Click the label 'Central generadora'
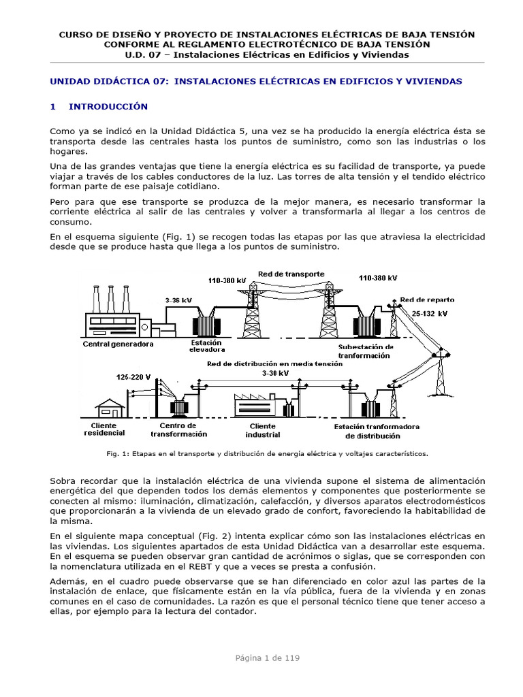[118, 344]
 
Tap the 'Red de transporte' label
[291, 274]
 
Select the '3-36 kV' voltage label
[178, 299]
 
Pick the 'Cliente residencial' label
[104, 429]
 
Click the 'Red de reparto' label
[427, 299]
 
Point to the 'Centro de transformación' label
[178, 429]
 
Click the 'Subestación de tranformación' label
[365, 351]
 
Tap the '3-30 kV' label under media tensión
[275, 373]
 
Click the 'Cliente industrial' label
[263, 429]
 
